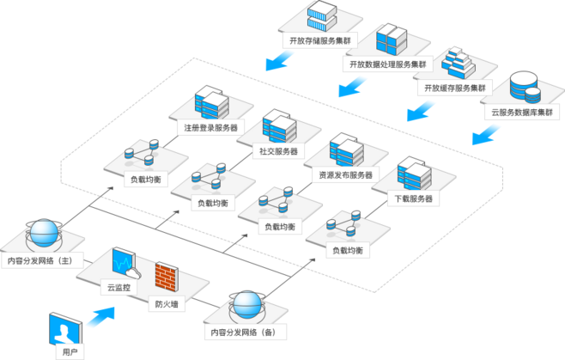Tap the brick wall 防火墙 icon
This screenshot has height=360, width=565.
click(167, 278)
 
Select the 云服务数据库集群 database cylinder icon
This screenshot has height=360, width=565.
click(522, 87)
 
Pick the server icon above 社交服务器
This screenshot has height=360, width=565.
click(279, 126)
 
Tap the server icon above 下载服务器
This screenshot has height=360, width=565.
click(414, 174)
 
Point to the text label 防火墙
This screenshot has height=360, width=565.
click(167, 303)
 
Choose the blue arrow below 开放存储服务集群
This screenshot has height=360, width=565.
click(278, 59)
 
